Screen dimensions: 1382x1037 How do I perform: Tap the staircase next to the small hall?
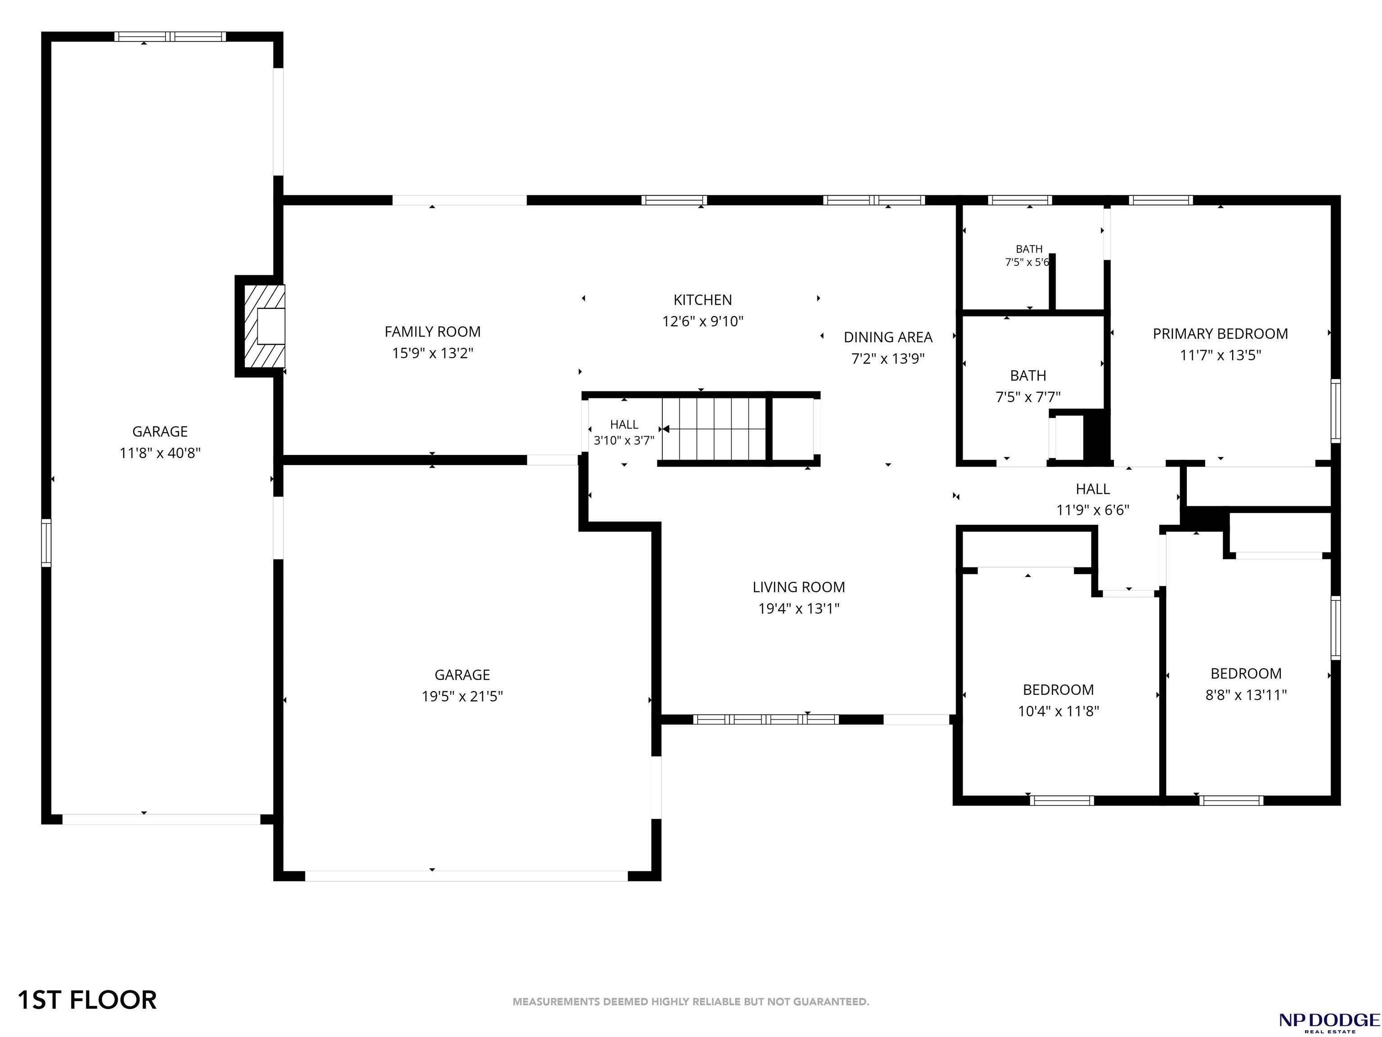[714, 429]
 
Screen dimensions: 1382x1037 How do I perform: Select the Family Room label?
[432, 332]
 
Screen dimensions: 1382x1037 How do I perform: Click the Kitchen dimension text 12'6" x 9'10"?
[703, 321]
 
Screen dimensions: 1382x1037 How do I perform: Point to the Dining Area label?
[888, 338]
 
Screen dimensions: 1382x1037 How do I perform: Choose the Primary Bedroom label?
[1220, 334]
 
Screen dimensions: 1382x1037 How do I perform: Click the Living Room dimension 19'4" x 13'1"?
[799, 608]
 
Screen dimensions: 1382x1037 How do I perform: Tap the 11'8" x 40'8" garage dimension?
[160, 452]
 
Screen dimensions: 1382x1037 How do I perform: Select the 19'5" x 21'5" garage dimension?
[462, 696]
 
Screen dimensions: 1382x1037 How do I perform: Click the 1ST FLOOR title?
[87, 1000]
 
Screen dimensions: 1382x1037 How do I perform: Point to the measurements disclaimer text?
[691, 1001]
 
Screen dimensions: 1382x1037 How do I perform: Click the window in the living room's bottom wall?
[766, 719]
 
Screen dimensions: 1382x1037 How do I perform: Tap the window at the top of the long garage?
[170, 37]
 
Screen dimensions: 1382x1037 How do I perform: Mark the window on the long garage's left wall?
[46, 542]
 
